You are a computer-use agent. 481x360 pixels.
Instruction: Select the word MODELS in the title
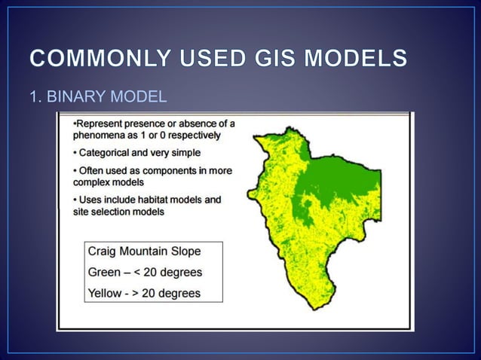(x=360, y=58)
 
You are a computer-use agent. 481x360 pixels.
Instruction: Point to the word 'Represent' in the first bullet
(x=100, y=123)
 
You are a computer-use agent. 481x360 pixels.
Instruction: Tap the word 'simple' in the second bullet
(x=183, y=153)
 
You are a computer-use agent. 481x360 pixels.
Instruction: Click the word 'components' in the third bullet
(x=161, y=171)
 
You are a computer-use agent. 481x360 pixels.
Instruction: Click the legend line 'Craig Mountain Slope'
(x=144, y=252)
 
